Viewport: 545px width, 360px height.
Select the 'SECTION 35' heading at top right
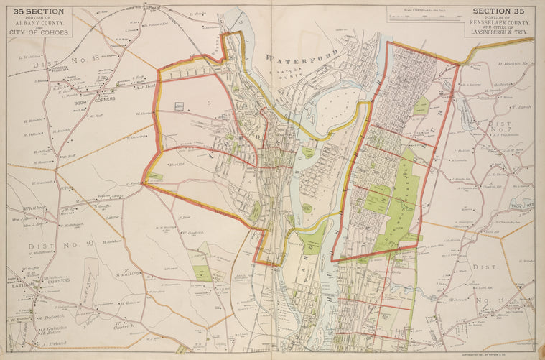coord(499,11)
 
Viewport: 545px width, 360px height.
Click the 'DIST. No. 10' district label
coord(62,244)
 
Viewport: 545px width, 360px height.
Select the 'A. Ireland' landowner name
coord(53,345)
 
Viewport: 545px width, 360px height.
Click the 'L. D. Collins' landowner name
coord(32,56)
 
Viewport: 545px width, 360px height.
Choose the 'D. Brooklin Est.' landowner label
coord(513,63)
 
